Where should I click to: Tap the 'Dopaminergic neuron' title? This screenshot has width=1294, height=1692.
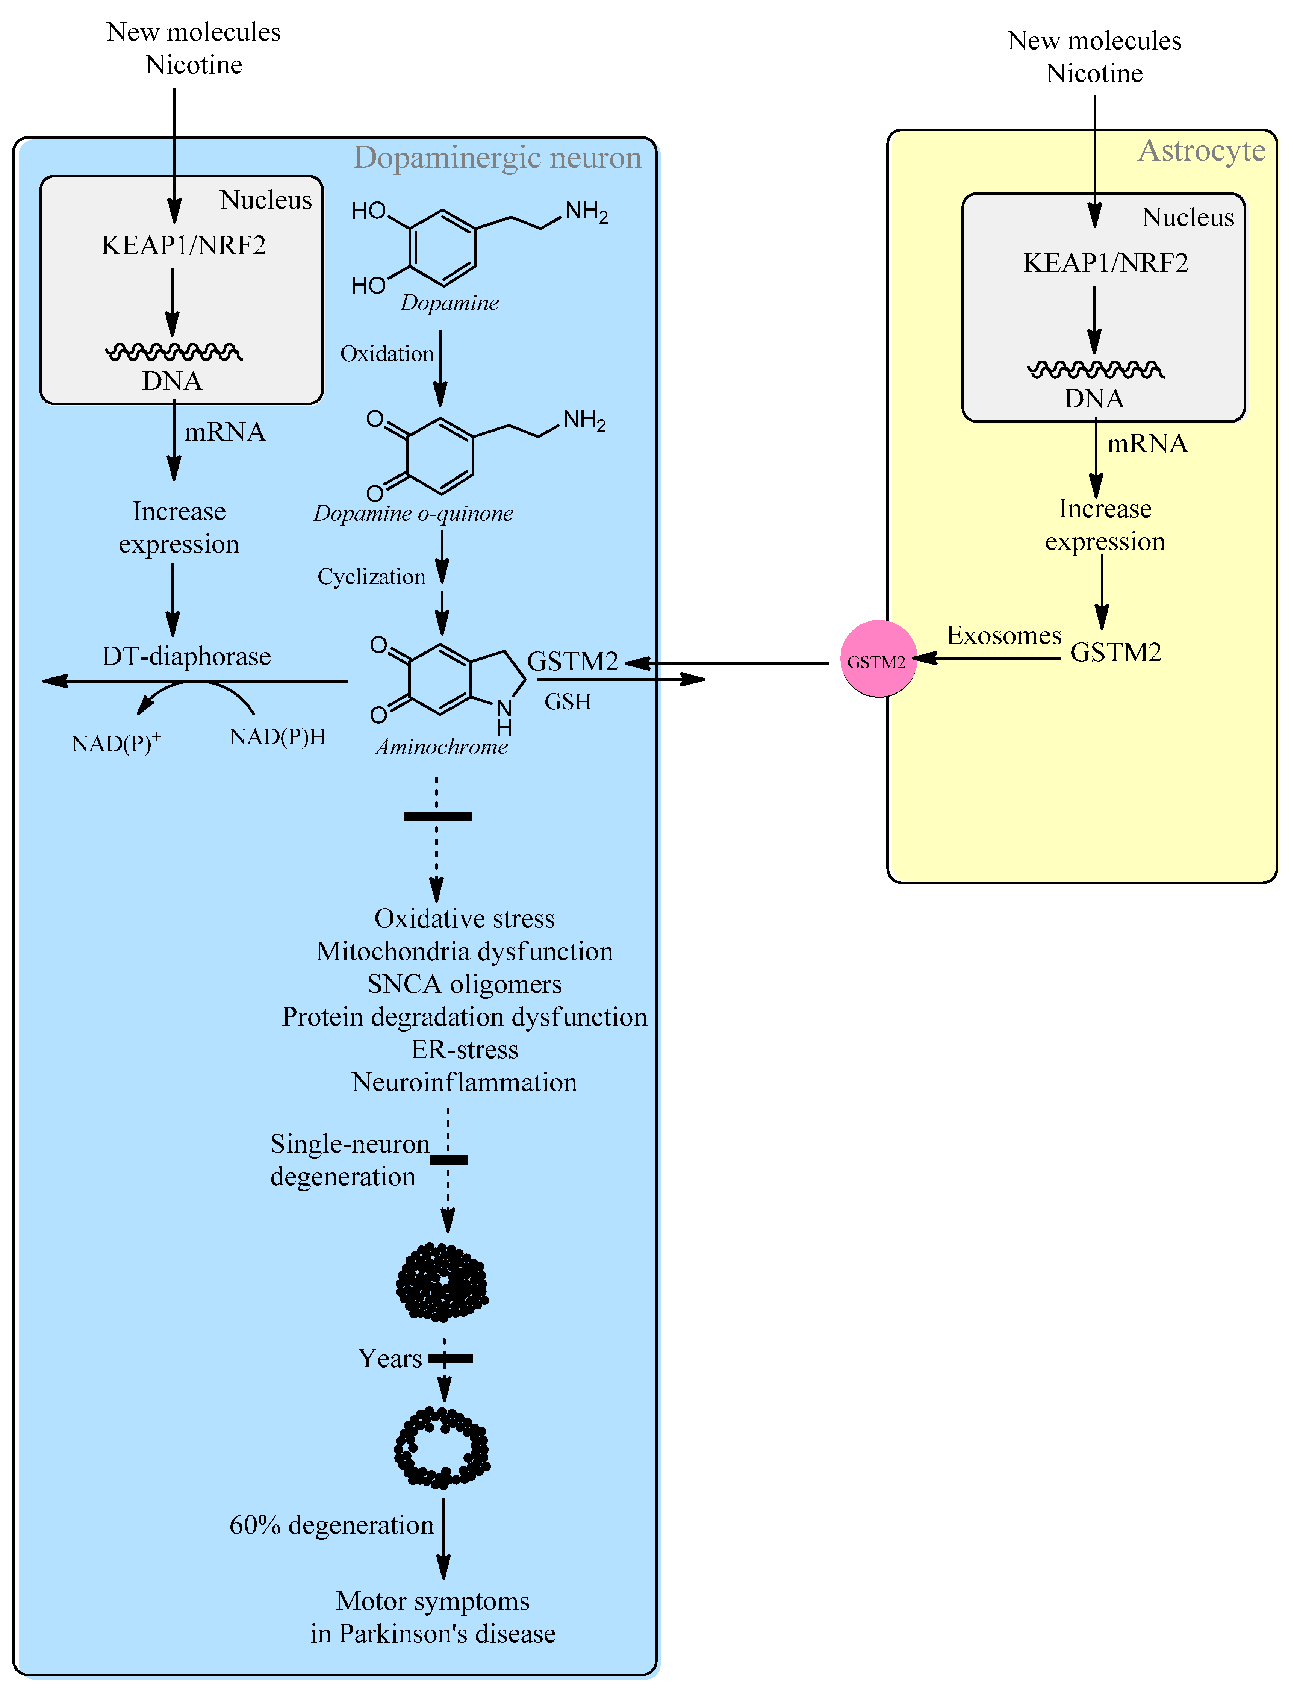[x=497, y=158]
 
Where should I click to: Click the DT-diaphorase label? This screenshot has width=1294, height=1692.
[x=186, y=656]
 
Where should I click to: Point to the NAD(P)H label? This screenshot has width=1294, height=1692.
[x=277, y=738]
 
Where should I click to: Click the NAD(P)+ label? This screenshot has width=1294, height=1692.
[x=115, y=744]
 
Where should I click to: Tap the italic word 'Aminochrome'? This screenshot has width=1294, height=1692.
[x=441, y=747]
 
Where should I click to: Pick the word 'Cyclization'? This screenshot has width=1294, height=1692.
[x=371, y=577]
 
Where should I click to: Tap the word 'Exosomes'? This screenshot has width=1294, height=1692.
[x=1003, y=636]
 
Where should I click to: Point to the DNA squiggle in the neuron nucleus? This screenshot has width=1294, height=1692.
[x=173, y=352]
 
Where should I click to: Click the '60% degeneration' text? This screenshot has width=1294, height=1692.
[x=331, y=1525]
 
